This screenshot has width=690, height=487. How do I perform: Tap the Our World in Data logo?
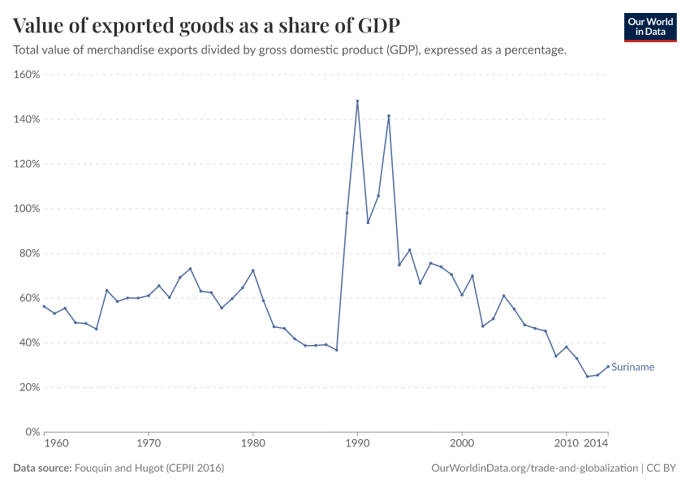point(650,28)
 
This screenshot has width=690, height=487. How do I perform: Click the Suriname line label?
point(632,367)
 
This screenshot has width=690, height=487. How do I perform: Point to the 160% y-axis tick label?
point(28,75)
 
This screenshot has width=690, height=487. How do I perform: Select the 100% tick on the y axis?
point(28,209)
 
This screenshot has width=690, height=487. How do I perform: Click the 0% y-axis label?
point(32,432)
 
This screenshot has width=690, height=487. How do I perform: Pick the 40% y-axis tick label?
point(30,343)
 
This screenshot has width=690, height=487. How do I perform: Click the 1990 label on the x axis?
point(357,444)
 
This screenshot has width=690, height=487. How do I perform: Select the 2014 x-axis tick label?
point(597,444)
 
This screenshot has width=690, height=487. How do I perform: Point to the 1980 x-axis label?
point(252,444)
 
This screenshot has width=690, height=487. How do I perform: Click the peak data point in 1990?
point(357,101)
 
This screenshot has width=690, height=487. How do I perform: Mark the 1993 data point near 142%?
point(389,116)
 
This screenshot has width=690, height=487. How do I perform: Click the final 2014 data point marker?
point(608,366)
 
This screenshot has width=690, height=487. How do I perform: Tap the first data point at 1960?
point(44,306)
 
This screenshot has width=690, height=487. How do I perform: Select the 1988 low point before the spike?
point(336,350)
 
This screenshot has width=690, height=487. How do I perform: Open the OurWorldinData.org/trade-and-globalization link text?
point(535,468)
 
